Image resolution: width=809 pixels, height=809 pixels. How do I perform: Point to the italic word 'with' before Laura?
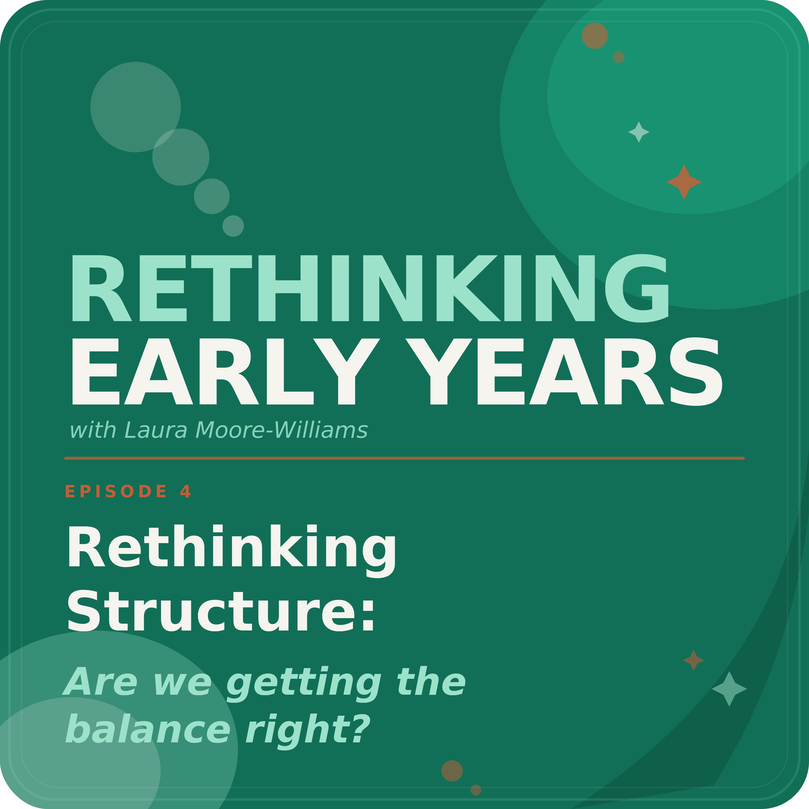(x=93, y=430)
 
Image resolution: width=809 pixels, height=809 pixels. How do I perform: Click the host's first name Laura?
(x=156, y=430)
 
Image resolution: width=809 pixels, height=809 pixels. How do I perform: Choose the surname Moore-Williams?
(x=281, y=430)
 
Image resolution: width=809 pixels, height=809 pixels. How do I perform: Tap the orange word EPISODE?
(x=116, y=491)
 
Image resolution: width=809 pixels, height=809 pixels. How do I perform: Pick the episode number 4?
(x=185, y=491)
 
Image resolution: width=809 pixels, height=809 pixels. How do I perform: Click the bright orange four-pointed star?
(x=684, y=182)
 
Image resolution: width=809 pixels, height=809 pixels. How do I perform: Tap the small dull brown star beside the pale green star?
(x=693, y=660)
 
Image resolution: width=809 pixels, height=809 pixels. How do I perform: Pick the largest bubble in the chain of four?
(x=136, y=107)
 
